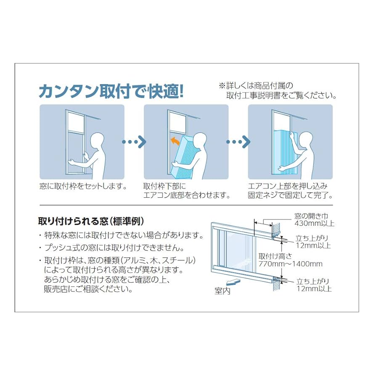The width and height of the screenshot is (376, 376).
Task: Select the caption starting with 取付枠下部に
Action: click(x=164, y=185)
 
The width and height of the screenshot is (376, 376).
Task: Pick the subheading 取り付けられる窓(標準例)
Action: click(x=91, y=221)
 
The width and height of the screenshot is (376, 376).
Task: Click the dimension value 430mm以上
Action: click(x=314, y=224)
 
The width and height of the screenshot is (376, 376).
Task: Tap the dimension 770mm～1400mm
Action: click(x=290, y=264)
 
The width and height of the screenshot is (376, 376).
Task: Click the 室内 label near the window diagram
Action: click(x=222, y=291)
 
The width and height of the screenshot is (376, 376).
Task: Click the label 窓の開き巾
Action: click(x=313, y=216)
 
